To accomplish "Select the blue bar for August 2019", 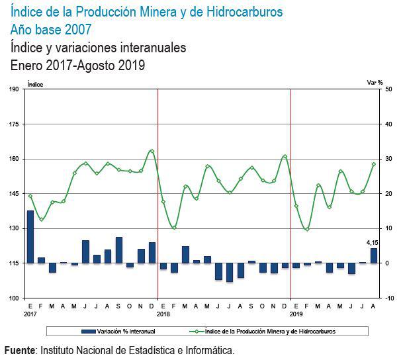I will coord(374,255).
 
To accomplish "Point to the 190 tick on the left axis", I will coord(14,89).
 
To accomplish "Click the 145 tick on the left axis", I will coord(14,194).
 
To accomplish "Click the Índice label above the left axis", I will coord(35,84).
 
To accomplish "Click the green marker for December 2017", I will coord(152,151).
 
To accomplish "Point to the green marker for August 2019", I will coord(374,164).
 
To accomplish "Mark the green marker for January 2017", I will coord(30,196).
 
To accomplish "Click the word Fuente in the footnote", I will coord(19,349).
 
